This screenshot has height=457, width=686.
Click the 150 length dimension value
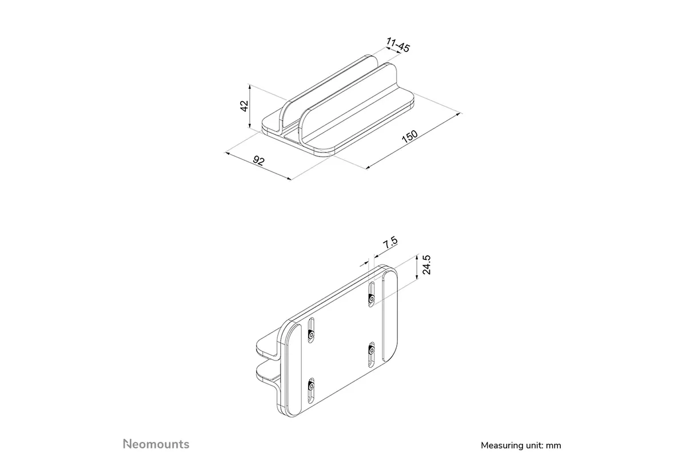pos(410,137)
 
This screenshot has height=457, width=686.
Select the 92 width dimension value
pos(258,161)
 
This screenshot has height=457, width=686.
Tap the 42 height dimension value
pos(244,106)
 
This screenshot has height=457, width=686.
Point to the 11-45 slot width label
pos(398,45)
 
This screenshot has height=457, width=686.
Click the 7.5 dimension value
pos(390,242)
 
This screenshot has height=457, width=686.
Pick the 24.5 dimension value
pos(426,264)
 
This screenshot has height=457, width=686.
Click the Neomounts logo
pos(156,444)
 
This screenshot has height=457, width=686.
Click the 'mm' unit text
pos(554,446)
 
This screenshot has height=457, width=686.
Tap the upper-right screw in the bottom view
pos(372,298)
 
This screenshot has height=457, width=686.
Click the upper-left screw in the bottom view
pos(311,335)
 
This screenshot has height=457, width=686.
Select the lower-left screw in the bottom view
pos(311,387)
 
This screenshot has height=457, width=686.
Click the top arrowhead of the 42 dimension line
pos(250,86)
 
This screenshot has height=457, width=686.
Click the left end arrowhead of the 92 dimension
pos(227,153)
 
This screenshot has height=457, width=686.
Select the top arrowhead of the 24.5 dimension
pos(417,256)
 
